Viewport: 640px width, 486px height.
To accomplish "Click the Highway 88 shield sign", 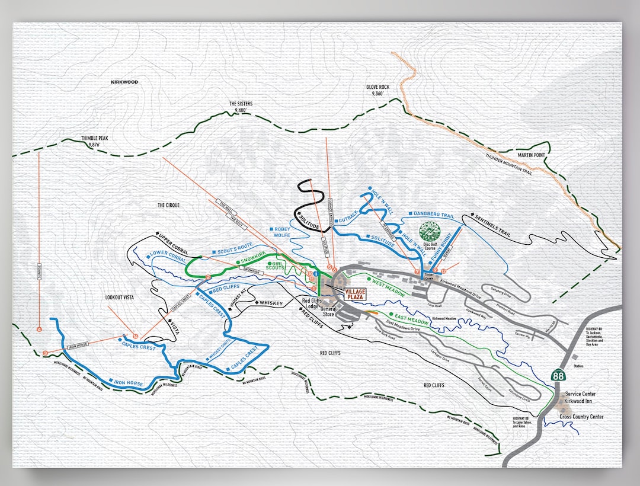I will pyautogui.click(x=558, y=375).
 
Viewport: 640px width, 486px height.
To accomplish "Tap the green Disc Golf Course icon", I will pyautogui.click(x=429, y=231).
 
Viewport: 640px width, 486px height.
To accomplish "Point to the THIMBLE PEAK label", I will pyautogui.click(x=95, y=141).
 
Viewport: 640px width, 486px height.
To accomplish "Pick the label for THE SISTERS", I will pyautogui.click(x=241, y=107).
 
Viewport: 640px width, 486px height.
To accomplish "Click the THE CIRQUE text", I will pyautogui.click(x=168, y=205).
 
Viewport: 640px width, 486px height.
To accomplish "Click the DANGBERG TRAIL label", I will pyautogui.click(x=433, y=216).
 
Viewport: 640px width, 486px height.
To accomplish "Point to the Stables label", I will pyautogui.click(x=578, y=366).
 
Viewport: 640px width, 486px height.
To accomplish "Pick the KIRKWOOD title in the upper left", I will pyautogui.click(x=124, y=82).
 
